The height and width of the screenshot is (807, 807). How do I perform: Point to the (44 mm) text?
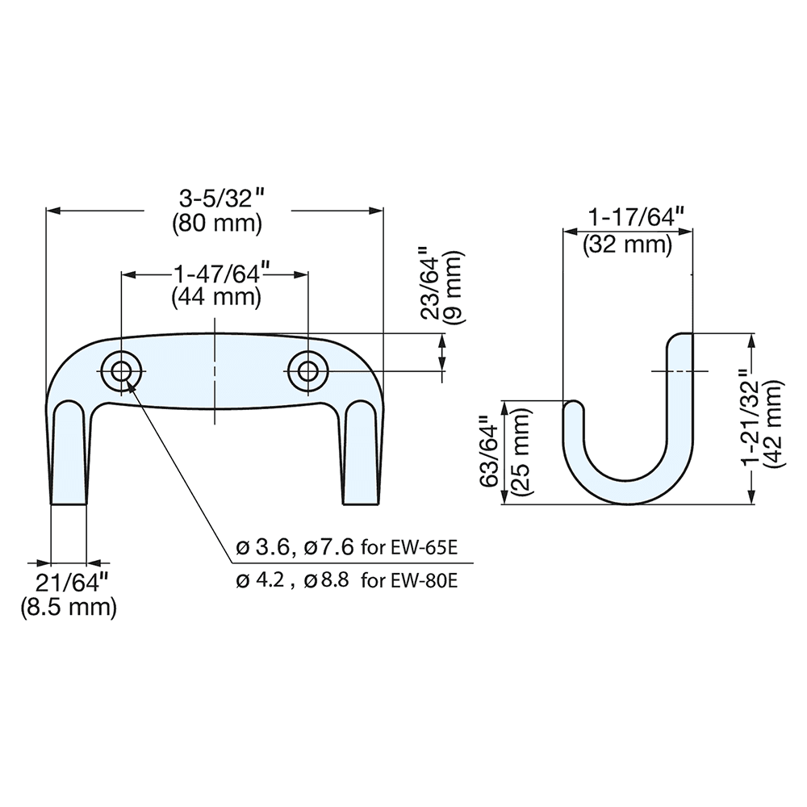216,297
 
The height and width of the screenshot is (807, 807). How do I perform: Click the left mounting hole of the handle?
121,371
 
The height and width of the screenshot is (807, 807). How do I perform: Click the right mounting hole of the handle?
307,371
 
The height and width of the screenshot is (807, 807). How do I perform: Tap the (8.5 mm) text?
69,607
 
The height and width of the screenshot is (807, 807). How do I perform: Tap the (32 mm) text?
628,244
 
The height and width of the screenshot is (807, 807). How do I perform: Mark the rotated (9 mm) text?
454,286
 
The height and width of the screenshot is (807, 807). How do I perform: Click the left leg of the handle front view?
69,456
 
